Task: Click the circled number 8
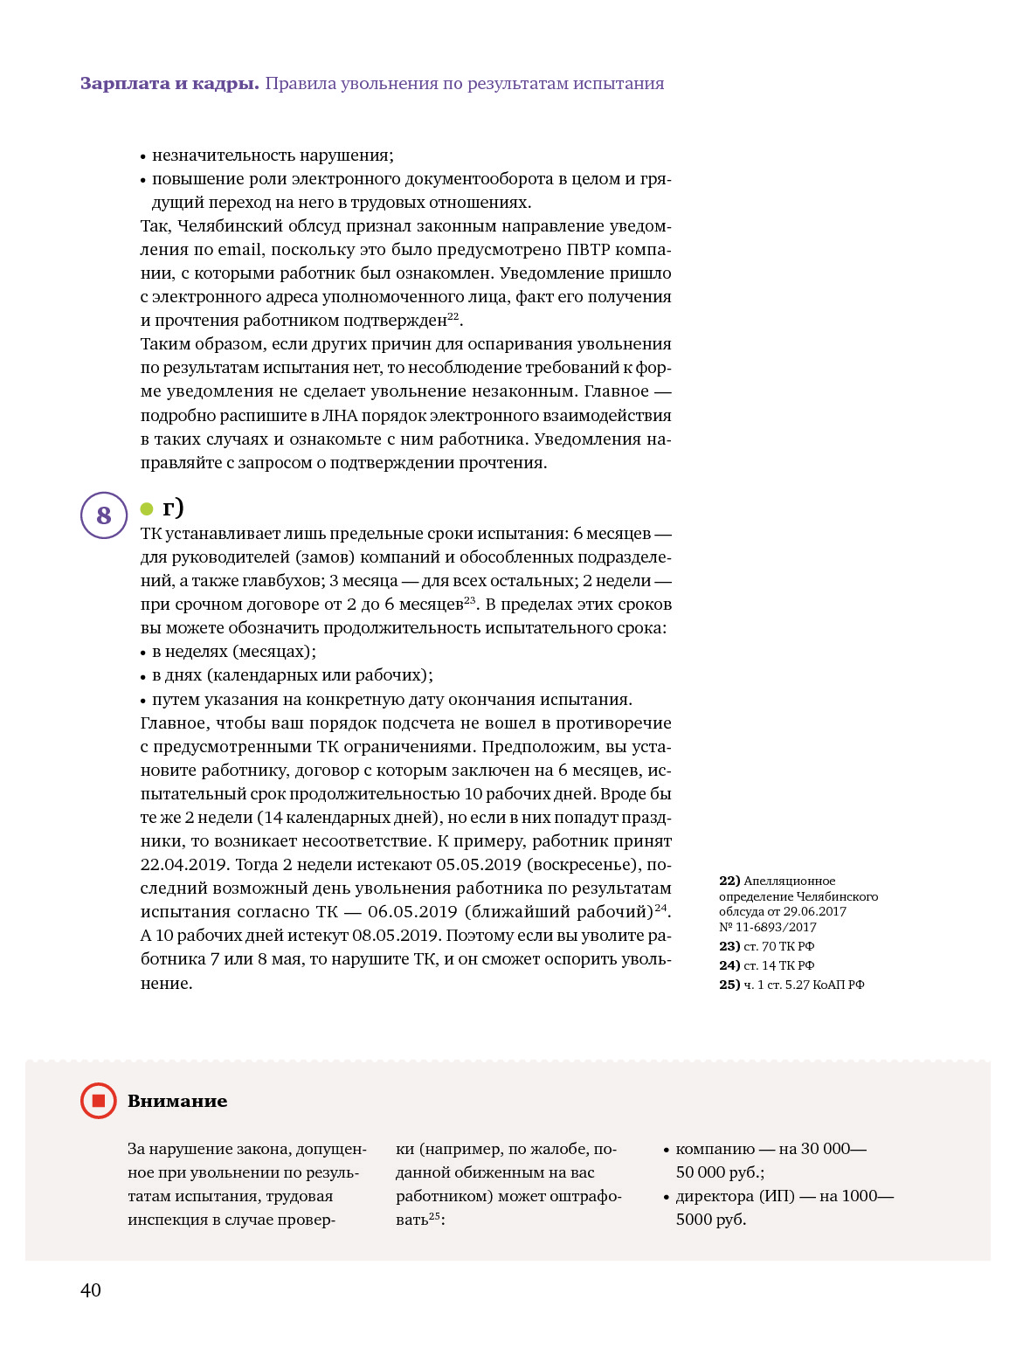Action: pos(104,515)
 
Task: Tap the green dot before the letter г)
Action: pos(147,509)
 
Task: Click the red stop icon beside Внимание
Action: pos(99,1101)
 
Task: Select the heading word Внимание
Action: pos(177,1102)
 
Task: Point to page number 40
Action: pos(91,1290)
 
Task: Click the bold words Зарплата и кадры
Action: pos(169,84)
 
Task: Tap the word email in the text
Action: pos(239,250)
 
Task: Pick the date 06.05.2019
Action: pos(412,912)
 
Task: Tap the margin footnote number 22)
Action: pos(729,881)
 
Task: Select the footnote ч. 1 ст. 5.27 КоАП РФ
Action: pos(804,985)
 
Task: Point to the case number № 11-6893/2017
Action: pos(768,927)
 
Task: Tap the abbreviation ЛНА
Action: pos(341,416)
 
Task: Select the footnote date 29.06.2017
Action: pos(814,911)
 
